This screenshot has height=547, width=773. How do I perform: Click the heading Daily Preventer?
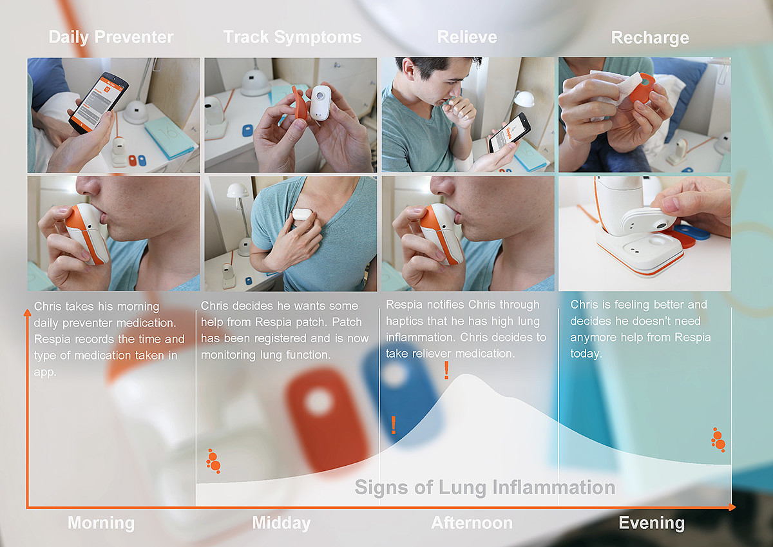(111, 37)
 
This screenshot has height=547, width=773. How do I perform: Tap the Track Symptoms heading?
(292, 37)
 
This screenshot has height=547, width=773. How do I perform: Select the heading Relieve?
(467, 37)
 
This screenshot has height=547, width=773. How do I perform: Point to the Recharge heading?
(650, 38)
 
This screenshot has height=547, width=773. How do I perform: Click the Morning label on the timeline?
(101, 523)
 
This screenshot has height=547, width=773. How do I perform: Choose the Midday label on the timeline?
(282, 523)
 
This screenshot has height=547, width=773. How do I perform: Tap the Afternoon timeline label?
(472, 523)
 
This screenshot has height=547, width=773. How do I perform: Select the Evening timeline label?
(651, 523)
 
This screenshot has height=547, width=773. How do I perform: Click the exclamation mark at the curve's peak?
(446, 370)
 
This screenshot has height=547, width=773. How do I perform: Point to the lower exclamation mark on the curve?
(394, 425)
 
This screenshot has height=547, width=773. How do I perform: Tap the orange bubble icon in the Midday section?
(214, 461)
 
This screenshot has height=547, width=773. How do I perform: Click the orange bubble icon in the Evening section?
(718, 439)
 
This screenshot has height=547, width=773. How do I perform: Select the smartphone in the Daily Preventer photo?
(99, 102)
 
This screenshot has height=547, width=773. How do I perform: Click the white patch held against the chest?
(302, 214)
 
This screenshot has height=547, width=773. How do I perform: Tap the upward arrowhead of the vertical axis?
(27, 312)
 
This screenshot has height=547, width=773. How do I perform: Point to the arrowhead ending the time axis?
(732, 507)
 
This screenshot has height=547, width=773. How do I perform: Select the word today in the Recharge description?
(586, 354)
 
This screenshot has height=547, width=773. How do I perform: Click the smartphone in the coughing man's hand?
(510, 133)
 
